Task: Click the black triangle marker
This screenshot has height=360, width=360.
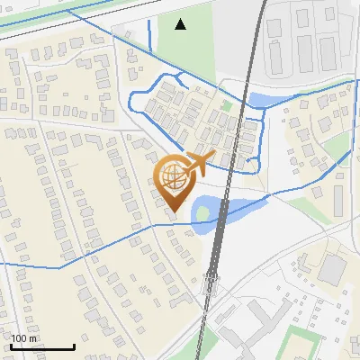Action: (x=181, y=23)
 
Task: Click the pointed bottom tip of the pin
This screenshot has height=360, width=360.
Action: (x=174, y=211)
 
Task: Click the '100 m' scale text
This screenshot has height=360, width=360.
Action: (x=25, y=339)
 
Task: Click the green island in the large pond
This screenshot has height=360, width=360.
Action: (x=203, y=213)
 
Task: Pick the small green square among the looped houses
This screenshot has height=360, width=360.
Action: (x=227, y=105)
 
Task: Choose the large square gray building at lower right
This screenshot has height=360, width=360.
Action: (x=333, y=269)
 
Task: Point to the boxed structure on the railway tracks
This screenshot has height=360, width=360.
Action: (x=211, y=286)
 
